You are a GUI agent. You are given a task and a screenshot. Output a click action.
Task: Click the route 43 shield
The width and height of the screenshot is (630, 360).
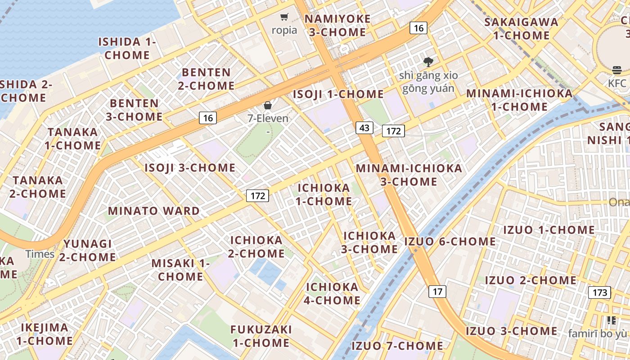click(364, 128)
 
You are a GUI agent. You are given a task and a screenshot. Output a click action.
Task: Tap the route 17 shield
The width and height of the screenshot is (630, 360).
click(437, 292)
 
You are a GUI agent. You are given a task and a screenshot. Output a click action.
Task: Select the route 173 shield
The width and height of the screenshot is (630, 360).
click(600, 292)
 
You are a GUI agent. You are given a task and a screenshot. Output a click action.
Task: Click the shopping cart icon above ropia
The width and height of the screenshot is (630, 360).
click(284, 17)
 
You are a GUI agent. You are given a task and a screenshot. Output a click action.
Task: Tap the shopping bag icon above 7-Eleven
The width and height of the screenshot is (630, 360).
click(268, 105)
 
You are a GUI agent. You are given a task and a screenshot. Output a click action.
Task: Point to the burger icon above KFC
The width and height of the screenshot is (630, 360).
click(616, 70)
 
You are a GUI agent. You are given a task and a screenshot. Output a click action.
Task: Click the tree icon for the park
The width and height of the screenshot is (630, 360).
click(428, 62)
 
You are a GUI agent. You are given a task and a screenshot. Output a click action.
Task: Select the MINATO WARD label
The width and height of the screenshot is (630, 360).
click(154, 211)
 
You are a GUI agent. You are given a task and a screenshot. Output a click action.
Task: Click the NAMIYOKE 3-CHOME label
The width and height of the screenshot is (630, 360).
click(337, 26)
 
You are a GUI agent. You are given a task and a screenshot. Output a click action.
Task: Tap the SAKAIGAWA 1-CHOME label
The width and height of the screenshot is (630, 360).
click(521, 28)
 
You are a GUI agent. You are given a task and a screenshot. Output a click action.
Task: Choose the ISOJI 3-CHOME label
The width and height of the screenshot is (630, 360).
click(190, 168)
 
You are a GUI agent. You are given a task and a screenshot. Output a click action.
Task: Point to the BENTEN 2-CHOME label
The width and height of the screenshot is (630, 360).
click(206, 79)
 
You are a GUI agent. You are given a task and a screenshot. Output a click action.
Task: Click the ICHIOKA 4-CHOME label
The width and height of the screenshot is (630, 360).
click(333, 293)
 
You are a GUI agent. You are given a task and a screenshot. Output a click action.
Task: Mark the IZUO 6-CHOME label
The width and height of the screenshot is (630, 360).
click(450, 241)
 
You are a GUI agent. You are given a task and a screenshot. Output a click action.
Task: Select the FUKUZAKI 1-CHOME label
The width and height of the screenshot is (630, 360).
click(261, 336)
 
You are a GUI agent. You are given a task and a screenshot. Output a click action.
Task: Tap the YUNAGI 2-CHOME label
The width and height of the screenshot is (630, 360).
click(88, 250)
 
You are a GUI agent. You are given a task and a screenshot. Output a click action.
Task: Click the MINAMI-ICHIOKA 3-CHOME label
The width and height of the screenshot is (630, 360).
click(409, 175)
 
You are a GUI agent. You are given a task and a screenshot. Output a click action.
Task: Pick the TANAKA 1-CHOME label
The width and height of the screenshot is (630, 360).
click(73, 139)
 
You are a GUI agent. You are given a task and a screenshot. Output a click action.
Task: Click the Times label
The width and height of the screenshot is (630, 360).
click(40, 254)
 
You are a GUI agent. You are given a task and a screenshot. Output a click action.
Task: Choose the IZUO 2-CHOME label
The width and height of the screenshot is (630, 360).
click(531, 280)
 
